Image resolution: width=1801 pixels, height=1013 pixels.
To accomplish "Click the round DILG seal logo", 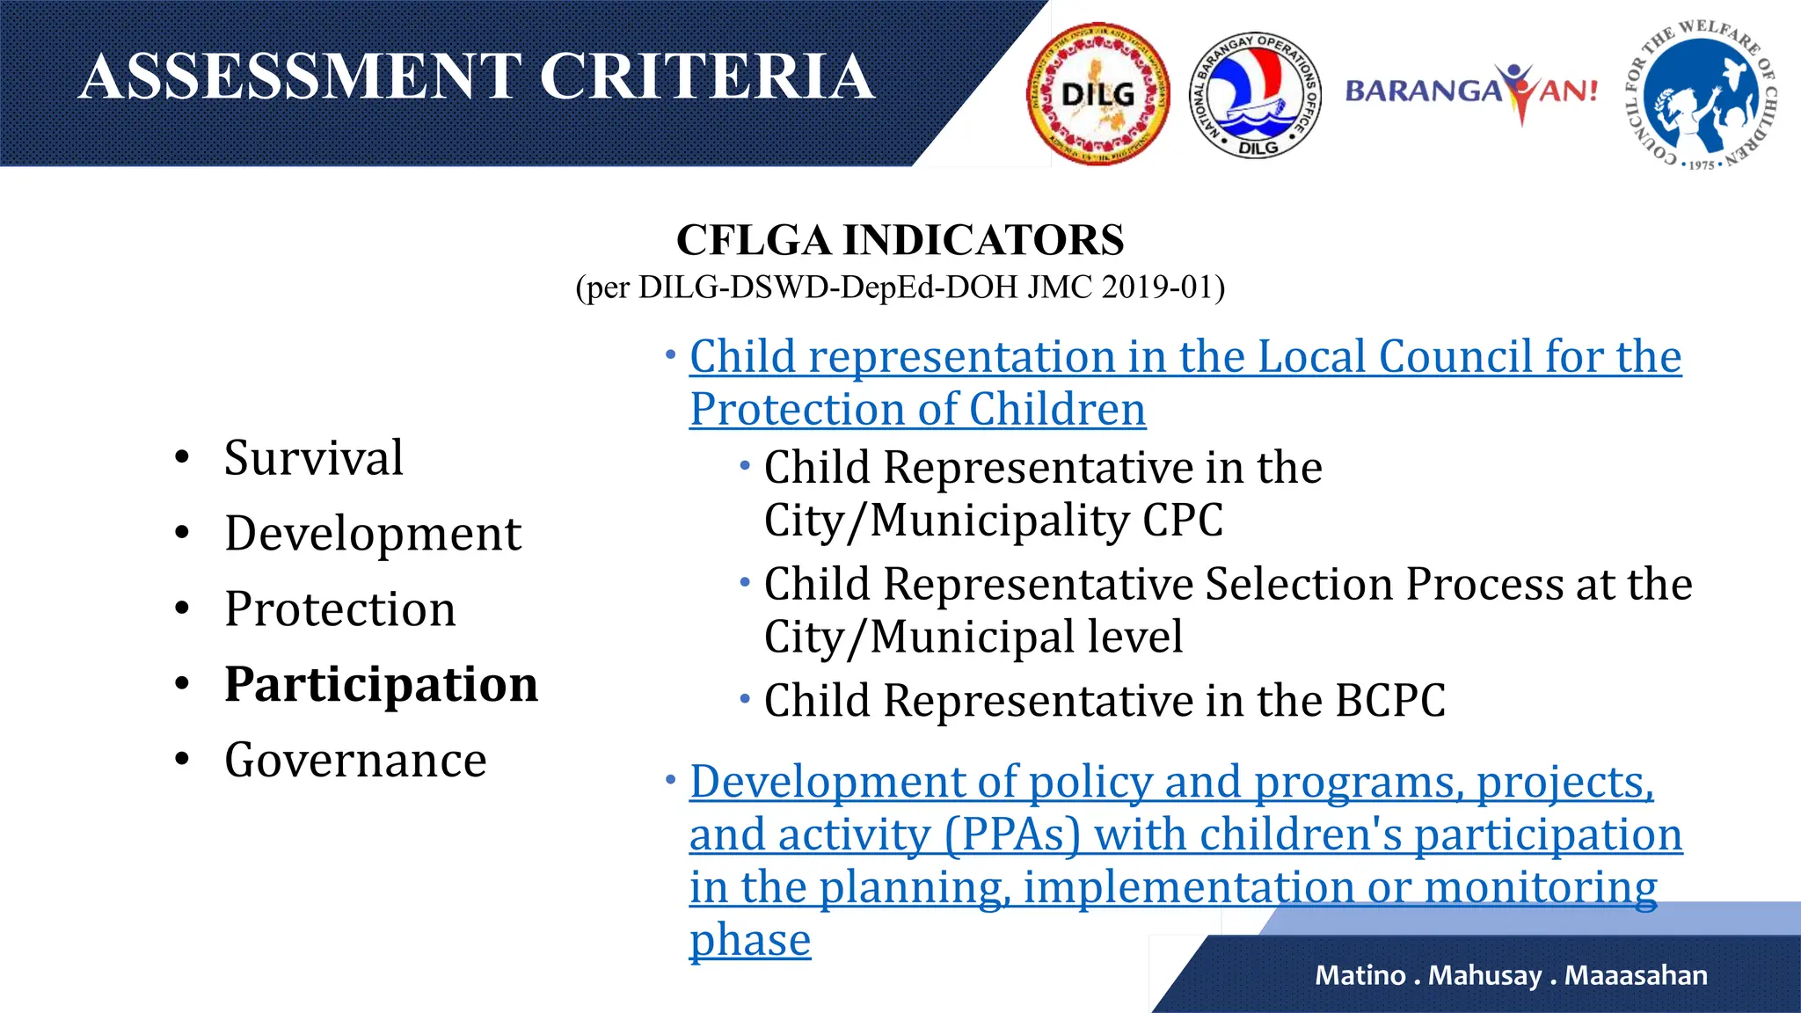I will coord(1097,94).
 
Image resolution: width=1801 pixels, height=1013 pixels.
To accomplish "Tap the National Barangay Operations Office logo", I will coord(1256,94).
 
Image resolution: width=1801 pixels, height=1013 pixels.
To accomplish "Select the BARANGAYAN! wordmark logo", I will coord(1471,91).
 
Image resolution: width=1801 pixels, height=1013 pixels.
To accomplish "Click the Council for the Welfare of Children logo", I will coord(1700,94).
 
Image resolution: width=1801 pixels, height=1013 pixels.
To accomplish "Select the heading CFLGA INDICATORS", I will coord(900,240).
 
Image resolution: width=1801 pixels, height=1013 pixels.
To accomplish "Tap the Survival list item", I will coord(313,458).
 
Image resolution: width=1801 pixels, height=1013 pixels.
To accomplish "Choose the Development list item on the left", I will coord(372,534).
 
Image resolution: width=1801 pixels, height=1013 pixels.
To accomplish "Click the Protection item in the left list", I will coord(340,609).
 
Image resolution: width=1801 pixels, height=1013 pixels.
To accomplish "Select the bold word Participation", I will coord(381,685).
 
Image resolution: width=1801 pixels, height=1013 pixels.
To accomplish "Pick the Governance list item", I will coord(355,761).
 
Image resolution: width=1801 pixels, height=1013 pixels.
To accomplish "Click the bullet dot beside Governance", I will coord(182,760).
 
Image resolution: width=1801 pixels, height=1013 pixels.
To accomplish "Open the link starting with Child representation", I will coord(1185,358).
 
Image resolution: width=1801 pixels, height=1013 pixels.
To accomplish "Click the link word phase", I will coord(749,941).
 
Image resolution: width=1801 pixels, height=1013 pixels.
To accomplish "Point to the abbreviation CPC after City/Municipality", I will coord(1182,521).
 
